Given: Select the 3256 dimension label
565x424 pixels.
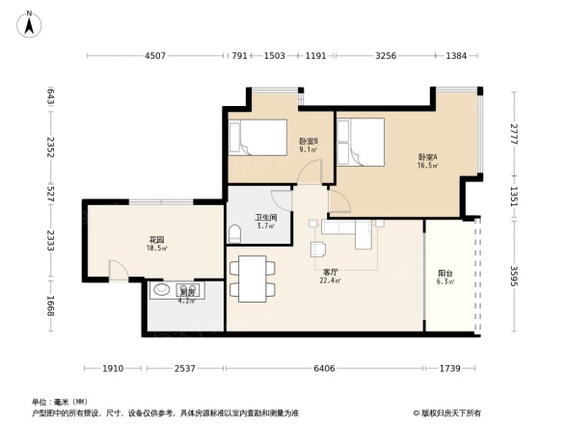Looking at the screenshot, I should [385, 56].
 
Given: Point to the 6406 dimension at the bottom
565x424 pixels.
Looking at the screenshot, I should [323, 368].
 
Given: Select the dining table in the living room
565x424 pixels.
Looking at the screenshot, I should [255, 278].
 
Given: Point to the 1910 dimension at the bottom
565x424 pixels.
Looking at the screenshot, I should [114, 368].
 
